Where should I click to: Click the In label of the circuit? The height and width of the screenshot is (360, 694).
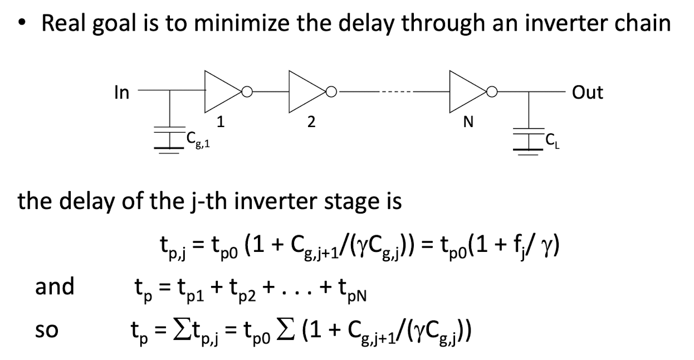point(122,93)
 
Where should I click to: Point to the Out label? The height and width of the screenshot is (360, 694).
point(588,93)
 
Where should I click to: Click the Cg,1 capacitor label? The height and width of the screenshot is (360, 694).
point(198,139)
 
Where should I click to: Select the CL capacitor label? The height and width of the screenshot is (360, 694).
point(553,142)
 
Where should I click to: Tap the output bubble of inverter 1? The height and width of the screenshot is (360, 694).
point(247,92)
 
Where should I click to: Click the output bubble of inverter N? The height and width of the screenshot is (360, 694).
point(492,92)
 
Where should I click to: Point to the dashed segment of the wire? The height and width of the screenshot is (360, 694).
point(396,92)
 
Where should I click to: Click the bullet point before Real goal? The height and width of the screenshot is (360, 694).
point(21,22)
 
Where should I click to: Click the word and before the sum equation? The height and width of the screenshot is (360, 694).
point(55,286)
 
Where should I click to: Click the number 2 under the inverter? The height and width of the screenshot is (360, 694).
point(311,122)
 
